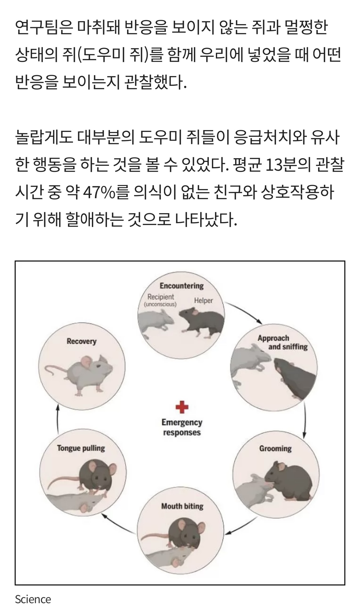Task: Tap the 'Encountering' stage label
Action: point(182,286)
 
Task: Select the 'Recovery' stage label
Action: point(82,341)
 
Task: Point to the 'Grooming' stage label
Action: point(275,449)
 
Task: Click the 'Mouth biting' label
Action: point(182,506)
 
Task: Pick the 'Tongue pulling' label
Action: point(81,448)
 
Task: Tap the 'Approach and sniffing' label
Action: point(282,342)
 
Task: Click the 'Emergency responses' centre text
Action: point(182,427)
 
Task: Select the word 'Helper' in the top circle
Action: point(203,301)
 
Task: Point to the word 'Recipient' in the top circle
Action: point(161,297)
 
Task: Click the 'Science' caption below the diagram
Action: point(33,599)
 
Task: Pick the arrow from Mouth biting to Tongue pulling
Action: point(119,523)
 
